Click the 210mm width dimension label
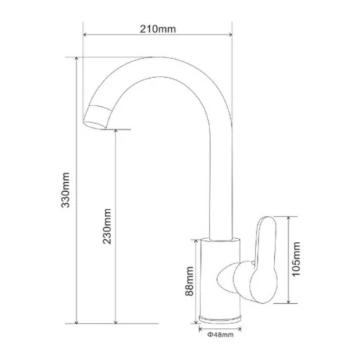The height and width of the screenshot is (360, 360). pyautogui.click(x=157, y=29)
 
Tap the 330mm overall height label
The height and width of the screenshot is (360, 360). pyautogui.click(x=65, y=190)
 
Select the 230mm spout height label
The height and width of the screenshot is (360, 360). pyautogui.click(x=107, y=226)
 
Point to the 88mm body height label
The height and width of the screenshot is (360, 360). pyautogui.click(x=189, y=281)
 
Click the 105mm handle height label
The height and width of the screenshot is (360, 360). pyautogui.click(x=296, y=259)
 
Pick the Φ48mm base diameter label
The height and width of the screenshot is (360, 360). pyautogui.click(x=220, y=335)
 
